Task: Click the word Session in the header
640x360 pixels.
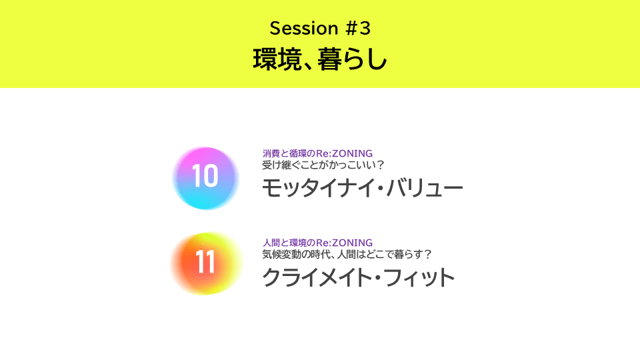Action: [x=304, y=28]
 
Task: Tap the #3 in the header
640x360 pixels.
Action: [x=358, y=28]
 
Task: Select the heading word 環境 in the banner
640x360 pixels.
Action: [x=277, y=59]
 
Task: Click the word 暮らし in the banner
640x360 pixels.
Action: [x=352, y=59]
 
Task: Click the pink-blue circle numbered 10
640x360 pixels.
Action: [x=205, y=178]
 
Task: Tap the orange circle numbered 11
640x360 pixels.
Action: [x=206, y=263]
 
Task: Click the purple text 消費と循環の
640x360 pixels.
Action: [x=289, y=153]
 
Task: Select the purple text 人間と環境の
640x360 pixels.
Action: [x=289, y=243]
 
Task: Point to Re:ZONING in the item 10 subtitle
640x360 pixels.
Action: [x=344, y=153]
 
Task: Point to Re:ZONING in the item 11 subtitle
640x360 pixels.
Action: [x=344, y=243]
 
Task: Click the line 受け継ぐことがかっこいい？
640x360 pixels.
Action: [x=323, y=165]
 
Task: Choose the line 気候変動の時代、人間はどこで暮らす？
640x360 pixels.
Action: [x=347, y=254]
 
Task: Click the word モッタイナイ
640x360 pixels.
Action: [x=319, y=188]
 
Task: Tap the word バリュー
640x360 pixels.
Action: [x=425, y=188]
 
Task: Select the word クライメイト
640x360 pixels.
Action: [x=316, y=277]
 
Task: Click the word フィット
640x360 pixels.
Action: [x=419, y=277]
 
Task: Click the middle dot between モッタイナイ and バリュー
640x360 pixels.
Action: [x=381, y=189]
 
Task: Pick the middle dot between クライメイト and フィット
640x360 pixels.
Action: [x=377, y=278]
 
